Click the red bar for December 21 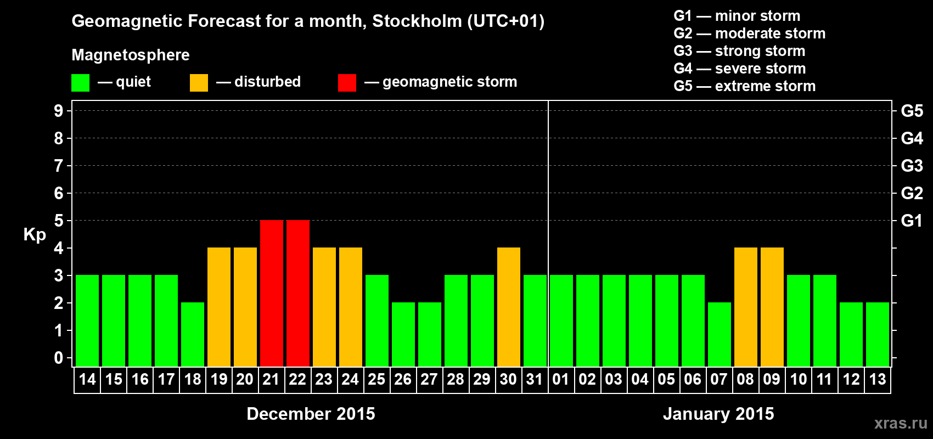[272, 293]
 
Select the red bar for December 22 [298, 293]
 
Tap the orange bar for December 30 [509, 307]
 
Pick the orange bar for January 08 [746, 307]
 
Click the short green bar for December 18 [193, 334]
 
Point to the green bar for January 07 [720, 334]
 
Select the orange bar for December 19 [219, 307]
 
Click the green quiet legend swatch [81, 83]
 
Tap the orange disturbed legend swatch [199, 83]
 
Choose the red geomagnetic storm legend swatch [347, 83]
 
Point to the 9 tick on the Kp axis [59, 111]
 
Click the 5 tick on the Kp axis [59, 221]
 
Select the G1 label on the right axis [912, 221]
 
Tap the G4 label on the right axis [912, 138]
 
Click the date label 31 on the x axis [535, 379]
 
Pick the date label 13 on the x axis [878, 379]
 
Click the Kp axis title [35, 234]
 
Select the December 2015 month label [311, 414]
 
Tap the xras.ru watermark [901, 423]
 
